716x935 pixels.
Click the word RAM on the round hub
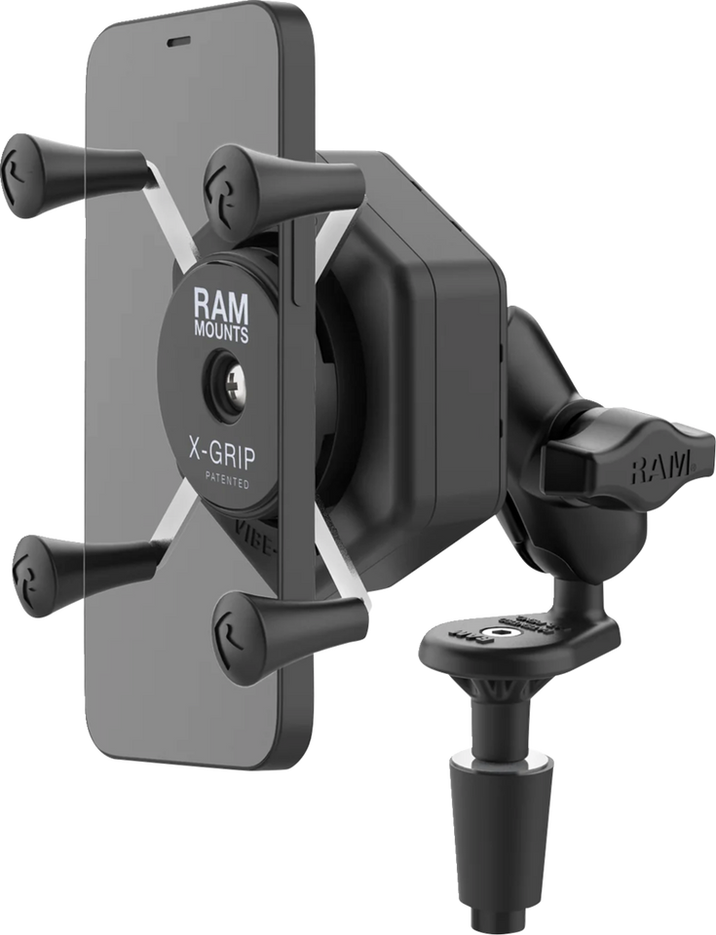point(220,305)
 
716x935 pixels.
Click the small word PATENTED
point(226,481)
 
